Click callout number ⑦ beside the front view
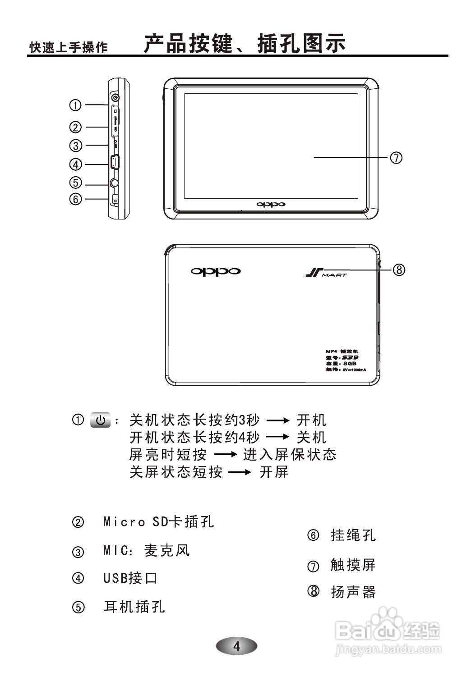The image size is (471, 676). (x=396, y=158)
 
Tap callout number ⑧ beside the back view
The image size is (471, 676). (x=399, y=269)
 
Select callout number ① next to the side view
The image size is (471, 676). (x=75, y=105)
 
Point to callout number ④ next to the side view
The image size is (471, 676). (x=75, y=164)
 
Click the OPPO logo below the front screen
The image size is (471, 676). (x=271, y=205)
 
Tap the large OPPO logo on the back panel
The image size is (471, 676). (x=216, y=271)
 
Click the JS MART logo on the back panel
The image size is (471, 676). (x=326, y=273)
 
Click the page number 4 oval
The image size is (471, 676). (x=236, y=646)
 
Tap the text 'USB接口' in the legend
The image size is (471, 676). (x=130, y=578)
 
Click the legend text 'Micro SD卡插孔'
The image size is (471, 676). (x=158, y=522)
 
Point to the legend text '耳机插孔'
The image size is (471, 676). (x=134, y=607)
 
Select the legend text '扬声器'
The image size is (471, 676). (x=353, y=592)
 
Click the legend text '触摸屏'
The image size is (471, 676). (x=353, y=565)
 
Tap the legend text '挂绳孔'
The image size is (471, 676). (x=353, y=535)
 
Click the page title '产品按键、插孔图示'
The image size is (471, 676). (x=245, y=44)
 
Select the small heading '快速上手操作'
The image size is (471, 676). (x=69, y=47)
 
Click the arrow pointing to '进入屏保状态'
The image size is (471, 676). (x=225, y=455)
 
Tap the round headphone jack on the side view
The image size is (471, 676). (x=115, y=183)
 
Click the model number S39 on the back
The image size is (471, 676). (x=350, y=357)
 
